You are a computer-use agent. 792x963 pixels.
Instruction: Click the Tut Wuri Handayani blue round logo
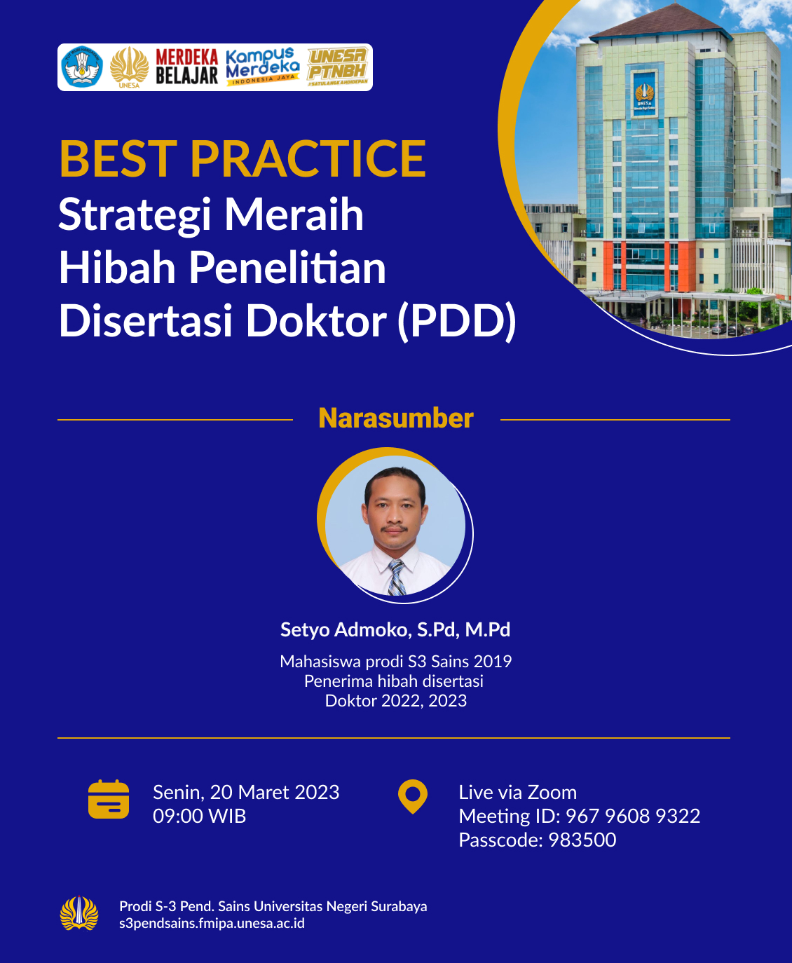click(82, 67)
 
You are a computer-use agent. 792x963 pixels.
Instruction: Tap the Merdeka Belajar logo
click(187, 67)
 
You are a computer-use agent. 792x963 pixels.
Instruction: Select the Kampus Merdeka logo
click(263, 67)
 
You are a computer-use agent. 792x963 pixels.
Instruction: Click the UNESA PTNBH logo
click(338, 67)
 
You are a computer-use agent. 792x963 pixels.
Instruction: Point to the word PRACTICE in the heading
click(308, 158)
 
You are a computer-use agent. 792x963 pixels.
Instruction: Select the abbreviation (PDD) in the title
click(457, 321)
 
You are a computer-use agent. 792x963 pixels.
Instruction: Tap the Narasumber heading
click(396, 418)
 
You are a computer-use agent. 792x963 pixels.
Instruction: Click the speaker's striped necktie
click(396, 577)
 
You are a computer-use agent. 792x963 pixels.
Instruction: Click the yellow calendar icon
click(109, 799)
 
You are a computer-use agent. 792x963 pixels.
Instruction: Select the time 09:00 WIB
click(200, 816)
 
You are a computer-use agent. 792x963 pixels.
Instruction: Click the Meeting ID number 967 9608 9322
click(633, 816)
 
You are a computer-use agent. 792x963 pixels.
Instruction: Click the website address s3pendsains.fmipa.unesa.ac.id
click(212, 923)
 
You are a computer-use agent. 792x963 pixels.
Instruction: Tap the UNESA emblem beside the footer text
click(79, 913)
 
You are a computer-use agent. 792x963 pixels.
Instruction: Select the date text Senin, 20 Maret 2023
click(246, 792)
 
